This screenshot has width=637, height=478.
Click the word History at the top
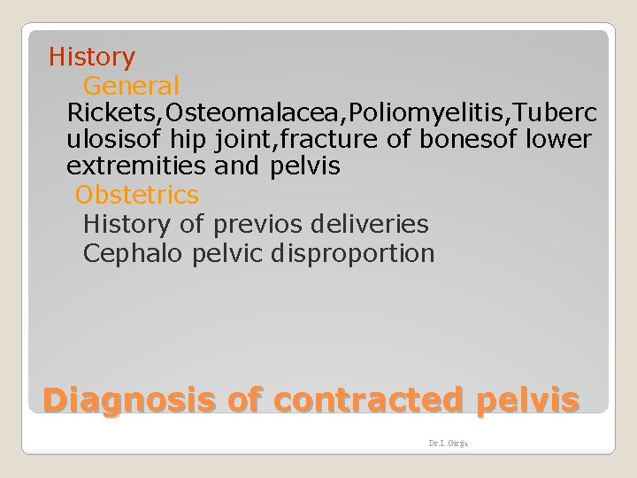(92, 58)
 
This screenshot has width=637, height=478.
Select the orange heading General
(131, 86)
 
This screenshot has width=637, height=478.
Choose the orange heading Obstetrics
(137, 195)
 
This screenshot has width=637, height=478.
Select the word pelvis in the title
(528, 401)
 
